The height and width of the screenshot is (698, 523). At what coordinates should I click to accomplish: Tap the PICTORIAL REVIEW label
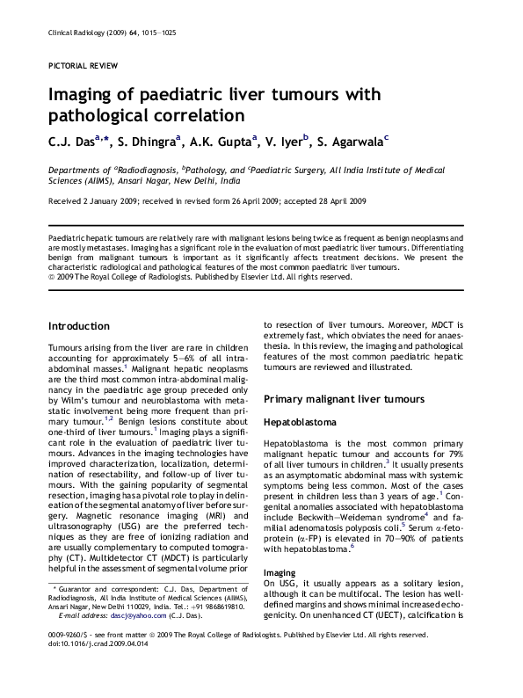[75, 67]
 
